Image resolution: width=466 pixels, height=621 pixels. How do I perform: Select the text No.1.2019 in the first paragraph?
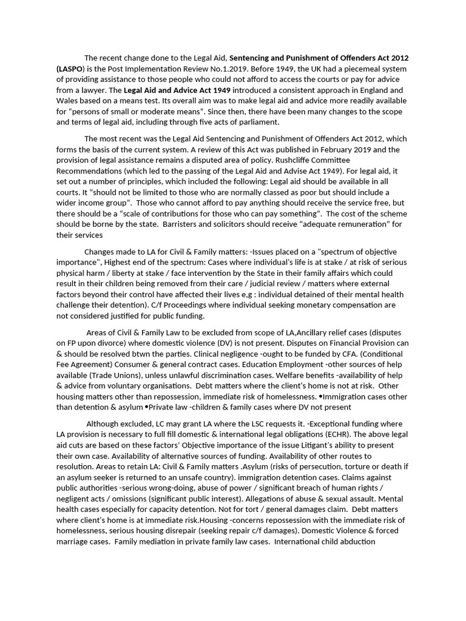click(x=265, y=69)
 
